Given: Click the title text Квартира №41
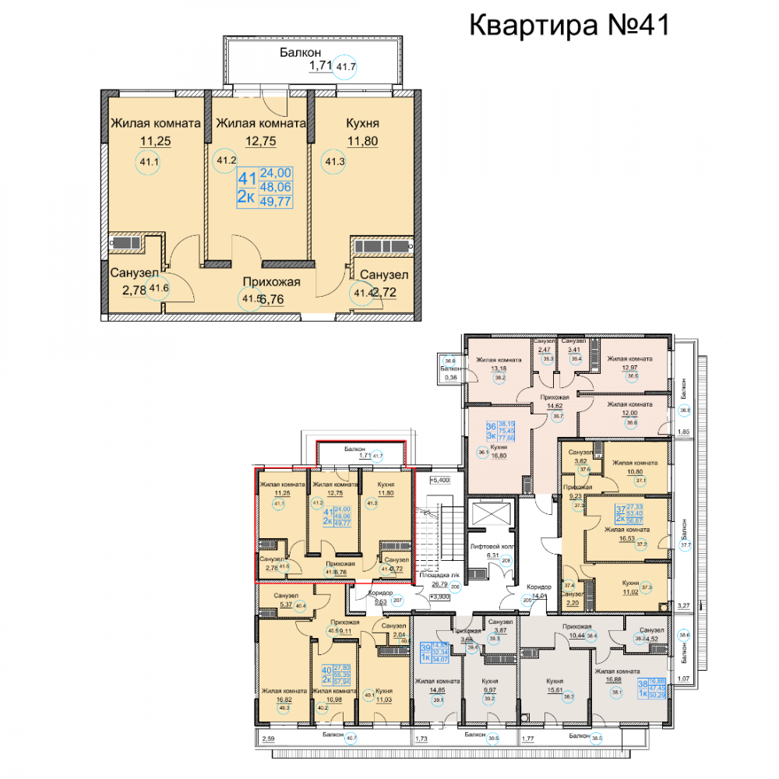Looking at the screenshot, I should tap(569, 25).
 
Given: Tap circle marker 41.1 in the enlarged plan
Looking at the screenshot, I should tap(146, 162).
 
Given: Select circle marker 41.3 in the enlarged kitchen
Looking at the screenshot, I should tap(335, 162).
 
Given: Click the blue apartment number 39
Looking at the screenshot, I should tap(425, 647).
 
